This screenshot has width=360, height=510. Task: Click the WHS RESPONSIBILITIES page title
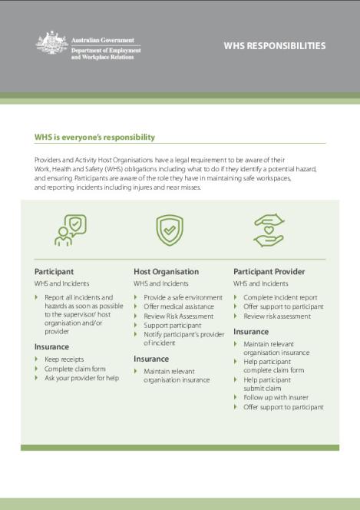tap(274, 46)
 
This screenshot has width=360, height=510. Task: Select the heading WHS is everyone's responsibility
tap(94, 137)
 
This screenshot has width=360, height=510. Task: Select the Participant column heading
tap(54, 271)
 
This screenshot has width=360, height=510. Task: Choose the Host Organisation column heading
tap(166, 271)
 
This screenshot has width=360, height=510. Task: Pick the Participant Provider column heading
tap(269, 271)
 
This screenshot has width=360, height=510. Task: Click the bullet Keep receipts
tap(64, 359)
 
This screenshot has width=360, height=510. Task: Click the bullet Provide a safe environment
tap(183, 296)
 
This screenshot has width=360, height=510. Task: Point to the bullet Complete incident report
tap(280, 296)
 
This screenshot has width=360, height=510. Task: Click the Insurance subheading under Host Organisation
tap(151, 358)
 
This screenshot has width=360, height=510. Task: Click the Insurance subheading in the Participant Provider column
tap(251, 331)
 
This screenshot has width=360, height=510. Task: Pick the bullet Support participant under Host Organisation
tap(172, 325)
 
